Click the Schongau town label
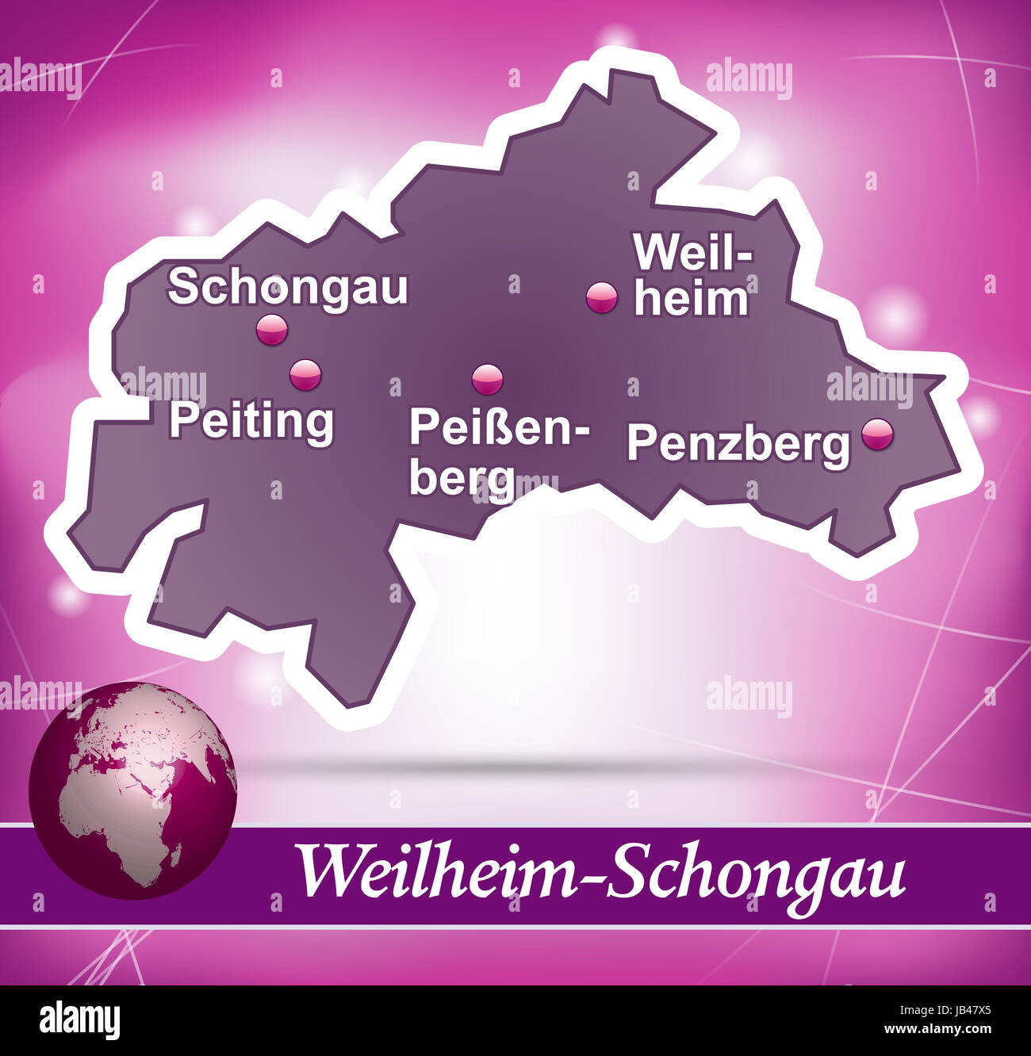click(x=287, y=287)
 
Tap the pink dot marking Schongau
click(x=272, y=329)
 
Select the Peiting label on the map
click(x=251, y=420)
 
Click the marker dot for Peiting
click(x=305, y=374)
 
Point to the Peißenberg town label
click(x=500, y=452)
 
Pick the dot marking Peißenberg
click(x=487, y=379)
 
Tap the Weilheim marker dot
click(x=601, y=297)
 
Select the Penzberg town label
click(x=738, y=444)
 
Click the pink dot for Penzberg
click(x=877, y=434)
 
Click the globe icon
click(x=132, y=790)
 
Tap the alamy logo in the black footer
click(x=79, y=1020)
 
